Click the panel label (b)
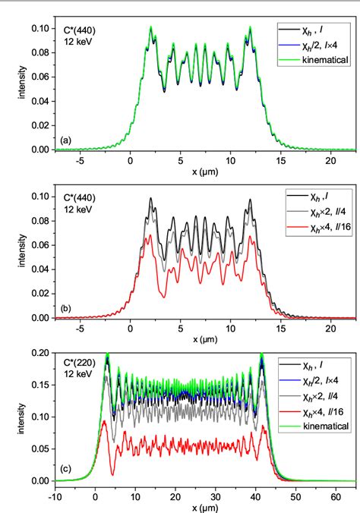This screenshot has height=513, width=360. tap(67, 310)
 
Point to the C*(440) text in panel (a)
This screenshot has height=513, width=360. tap(79, 30)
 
